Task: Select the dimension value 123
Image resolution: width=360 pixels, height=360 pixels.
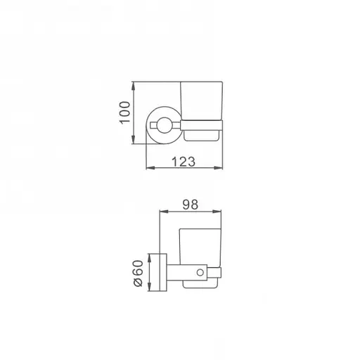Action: point(182,161)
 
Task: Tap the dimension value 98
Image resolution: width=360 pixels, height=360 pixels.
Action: point(190,205)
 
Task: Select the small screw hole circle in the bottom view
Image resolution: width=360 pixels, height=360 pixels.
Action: point(205,271)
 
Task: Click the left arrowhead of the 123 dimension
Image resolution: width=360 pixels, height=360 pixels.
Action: point(148,169)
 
